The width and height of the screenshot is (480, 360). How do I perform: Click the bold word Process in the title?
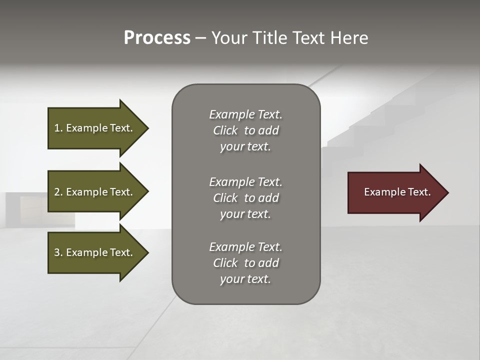(x=157, y=38)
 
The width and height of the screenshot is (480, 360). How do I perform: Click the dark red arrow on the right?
(x=395, y=192)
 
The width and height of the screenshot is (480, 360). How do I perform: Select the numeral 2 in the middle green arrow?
(x=57, y=192)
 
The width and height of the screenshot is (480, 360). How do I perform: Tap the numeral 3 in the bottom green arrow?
(x=57, y=252)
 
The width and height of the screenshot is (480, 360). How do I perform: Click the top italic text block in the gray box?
(x=245, y=130)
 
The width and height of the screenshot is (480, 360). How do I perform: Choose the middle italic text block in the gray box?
(x=245, y=198)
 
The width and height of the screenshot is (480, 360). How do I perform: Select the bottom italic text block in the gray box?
(x=245, y=263)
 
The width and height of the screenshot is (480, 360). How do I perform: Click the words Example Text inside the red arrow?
(x=397, y=192)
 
